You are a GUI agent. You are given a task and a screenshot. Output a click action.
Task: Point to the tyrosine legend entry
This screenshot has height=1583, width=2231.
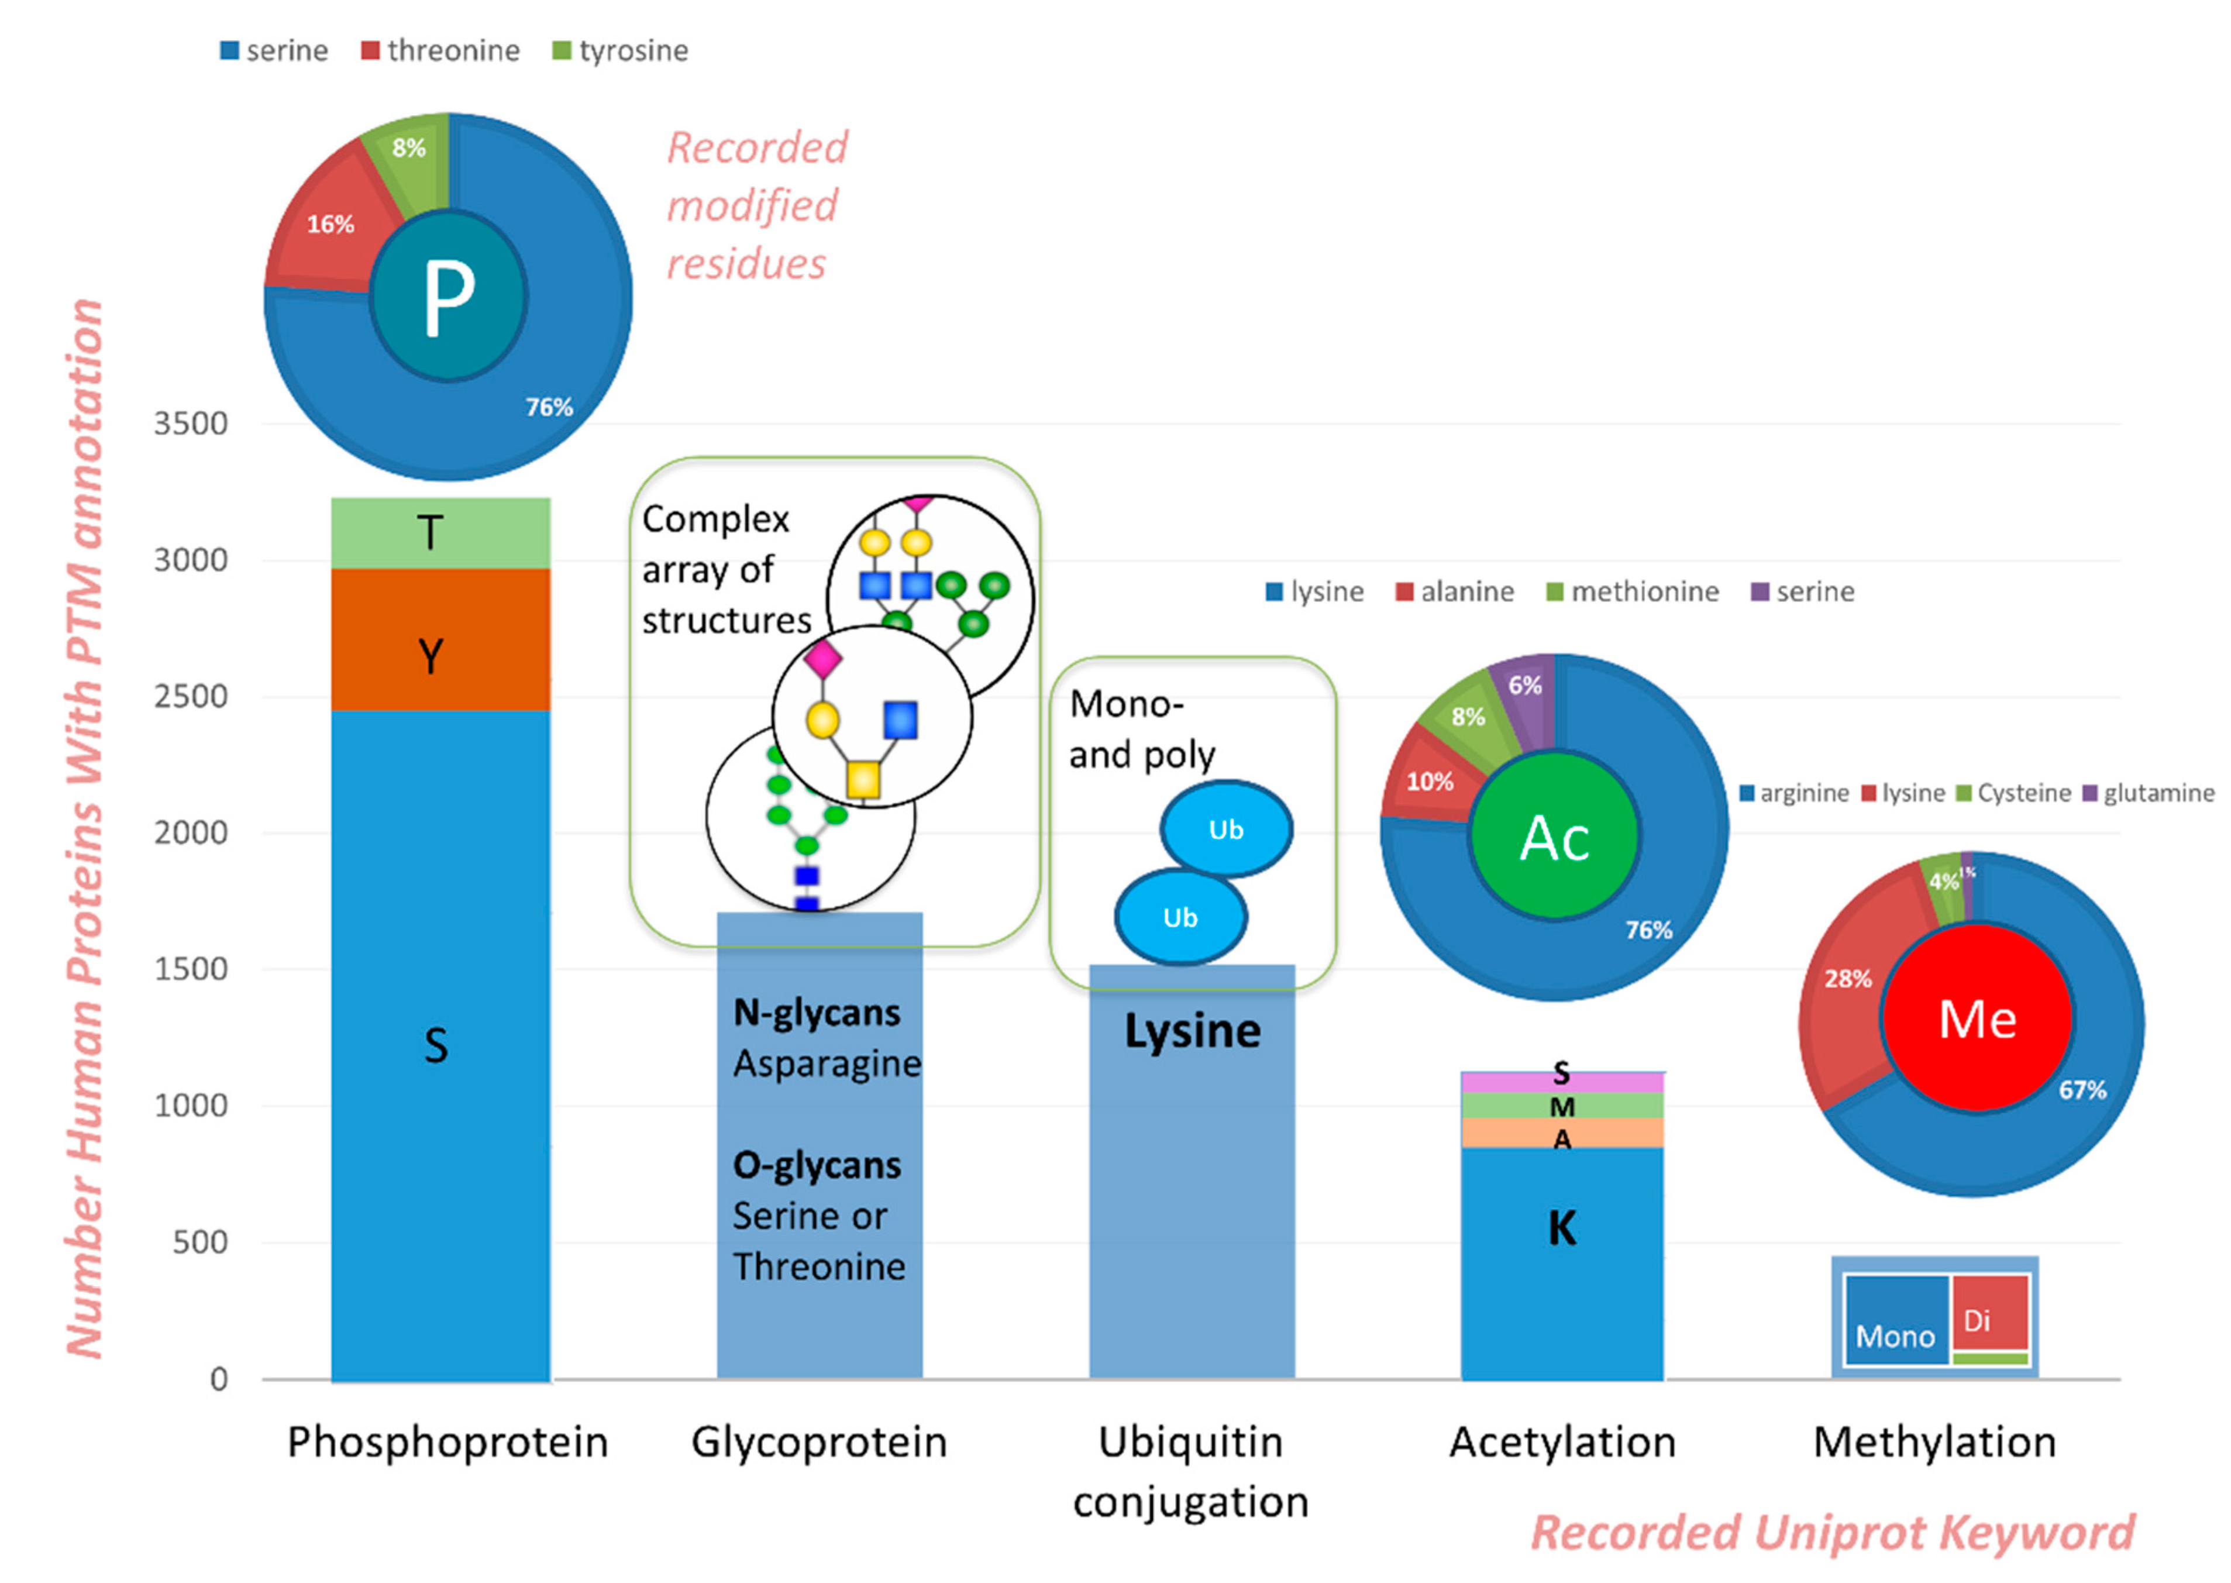(621, 51)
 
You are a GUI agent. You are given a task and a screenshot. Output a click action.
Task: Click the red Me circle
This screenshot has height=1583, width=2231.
(1975, 1018)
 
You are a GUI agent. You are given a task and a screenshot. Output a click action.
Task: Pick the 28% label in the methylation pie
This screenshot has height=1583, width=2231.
(1847, 979)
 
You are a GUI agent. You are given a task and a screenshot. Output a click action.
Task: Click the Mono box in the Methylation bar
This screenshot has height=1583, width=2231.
(1895, 1322)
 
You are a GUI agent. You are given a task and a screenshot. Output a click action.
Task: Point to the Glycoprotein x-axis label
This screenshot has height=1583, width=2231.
(819, 1441)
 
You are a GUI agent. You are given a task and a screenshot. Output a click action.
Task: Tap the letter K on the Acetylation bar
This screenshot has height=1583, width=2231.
(1561, 1228)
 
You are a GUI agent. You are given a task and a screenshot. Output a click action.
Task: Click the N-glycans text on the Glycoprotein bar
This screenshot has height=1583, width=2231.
(816, 1013)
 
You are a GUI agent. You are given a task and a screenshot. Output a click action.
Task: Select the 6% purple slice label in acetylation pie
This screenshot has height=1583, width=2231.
(1524, 685)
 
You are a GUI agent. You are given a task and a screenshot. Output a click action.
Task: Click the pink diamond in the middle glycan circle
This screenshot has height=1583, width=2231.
(822, 659)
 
